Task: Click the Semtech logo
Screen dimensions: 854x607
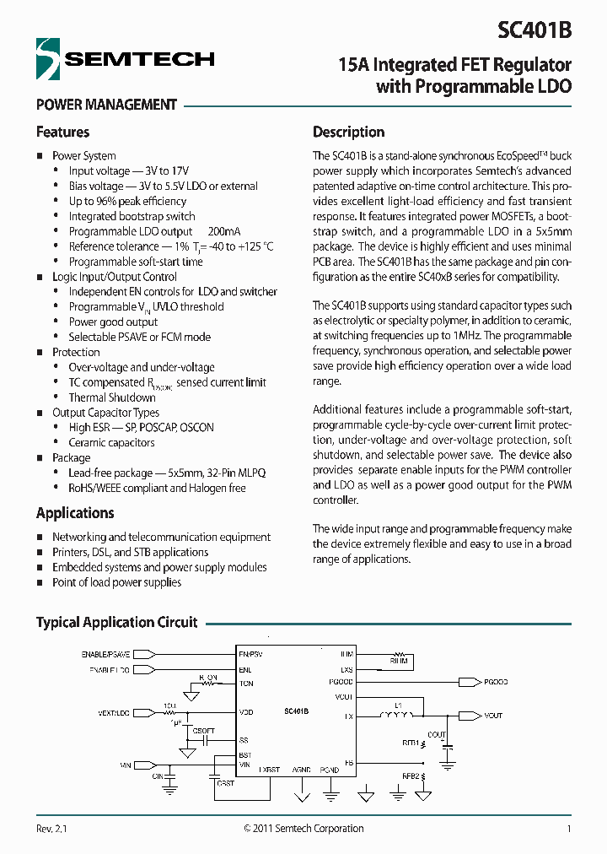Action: point(125,59)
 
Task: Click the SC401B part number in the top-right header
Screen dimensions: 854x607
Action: point(534,30)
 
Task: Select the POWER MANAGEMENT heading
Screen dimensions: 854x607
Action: point(106,105)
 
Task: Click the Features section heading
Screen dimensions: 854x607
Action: point(62,132)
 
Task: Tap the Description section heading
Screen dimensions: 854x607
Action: point(348,132)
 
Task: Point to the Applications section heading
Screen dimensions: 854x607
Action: point(75,513)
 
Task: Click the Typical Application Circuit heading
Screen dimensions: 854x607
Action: point(116,622)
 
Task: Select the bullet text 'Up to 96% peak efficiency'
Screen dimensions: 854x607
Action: point(127,201)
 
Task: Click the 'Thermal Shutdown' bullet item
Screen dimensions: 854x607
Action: point(112,397)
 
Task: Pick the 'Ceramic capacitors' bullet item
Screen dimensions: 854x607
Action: point(111,442)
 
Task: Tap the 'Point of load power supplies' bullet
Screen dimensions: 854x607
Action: point(116,582)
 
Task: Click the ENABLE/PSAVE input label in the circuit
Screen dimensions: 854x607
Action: point(105,654)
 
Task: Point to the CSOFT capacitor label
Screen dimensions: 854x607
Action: point(204,730)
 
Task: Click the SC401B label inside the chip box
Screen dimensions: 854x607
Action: point(296,711)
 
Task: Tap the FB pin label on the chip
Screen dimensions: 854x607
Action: point(348,763)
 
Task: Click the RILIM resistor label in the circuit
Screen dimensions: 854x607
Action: point(398,663)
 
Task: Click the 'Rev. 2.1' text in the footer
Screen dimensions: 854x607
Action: point(51,829)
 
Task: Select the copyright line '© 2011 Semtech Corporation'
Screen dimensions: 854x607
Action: point(303,829)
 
